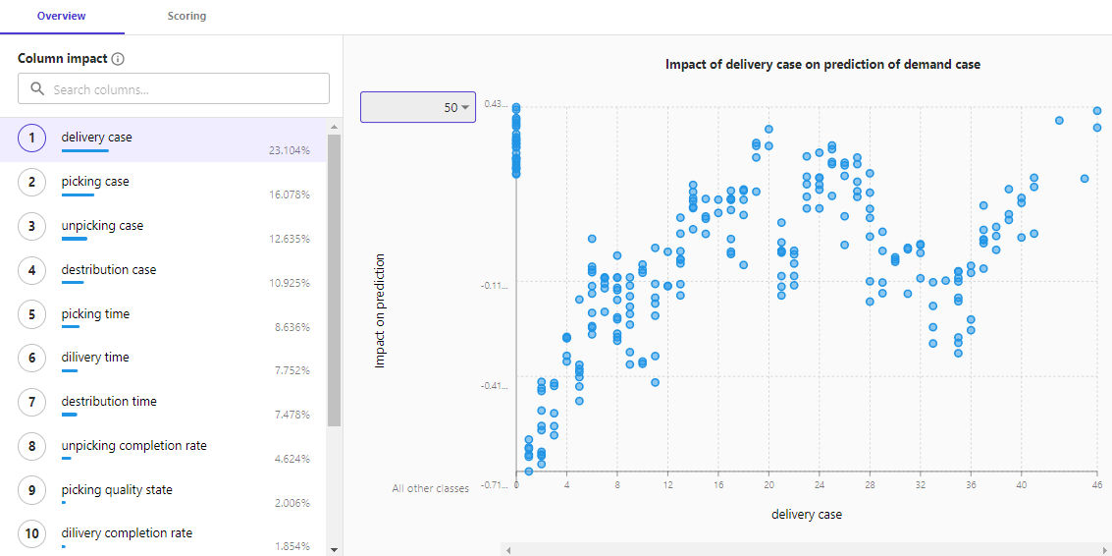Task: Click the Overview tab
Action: click(x=61, y=17)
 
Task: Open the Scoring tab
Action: click(x=186, y=17)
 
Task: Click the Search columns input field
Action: click(x=174, y=89)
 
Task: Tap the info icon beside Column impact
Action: click(x=118, y=59)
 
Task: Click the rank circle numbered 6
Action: click(x=32, y=358)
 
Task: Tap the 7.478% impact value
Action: click(x=292, y=415)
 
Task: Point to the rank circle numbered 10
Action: click(x=32, y=533)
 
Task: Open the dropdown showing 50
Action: click(x=418, y=107)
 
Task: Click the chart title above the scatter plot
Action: click(x=822, y=65)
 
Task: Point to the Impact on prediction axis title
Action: click(x=380, y=310)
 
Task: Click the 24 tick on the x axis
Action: click(x=820, y=484)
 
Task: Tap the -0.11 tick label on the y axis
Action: click(x=495, y=286)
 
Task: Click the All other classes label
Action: click(x=430, y=488)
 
